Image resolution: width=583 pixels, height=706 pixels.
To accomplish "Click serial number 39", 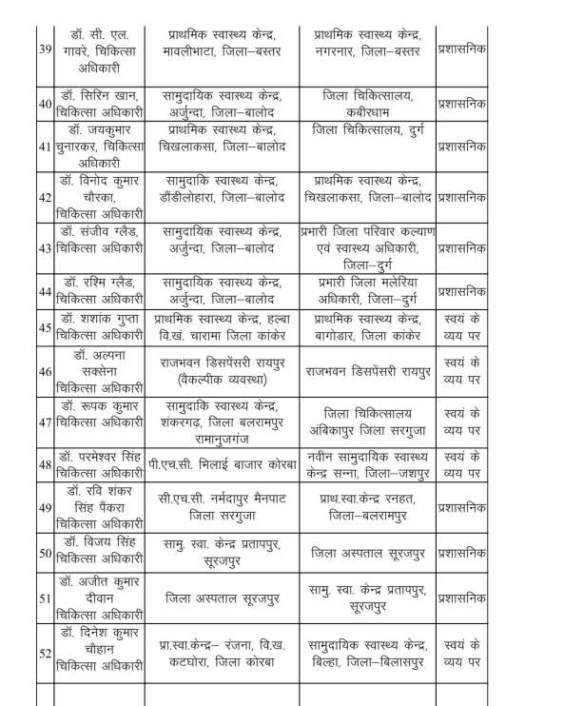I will (43, 47).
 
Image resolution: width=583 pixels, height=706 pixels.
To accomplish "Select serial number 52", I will (43, 655).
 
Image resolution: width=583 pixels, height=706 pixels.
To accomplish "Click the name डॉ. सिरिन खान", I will (100, 103).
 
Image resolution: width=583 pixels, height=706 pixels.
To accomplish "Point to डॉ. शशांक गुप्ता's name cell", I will (100, 324).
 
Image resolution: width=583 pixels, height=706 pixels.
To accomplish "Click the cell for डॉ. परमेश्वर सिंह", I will (100, 462).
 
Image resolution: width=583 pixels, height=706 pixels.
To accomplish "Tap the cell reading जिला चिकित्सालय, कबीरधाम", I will (365, 103).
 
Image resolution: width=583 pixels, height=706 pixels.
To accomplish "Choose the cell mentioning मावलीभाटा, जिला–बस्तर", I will (220, 47).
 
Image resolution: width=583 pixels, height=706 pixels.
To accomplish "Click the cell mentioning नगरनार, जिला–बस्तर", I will (365, 47).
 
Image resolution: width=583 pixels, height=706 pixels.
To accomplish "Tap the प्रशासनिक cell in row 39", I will (461, 47).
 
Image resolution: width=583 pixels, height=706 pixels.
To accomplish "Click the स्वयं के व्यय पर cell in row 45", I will (461, 324).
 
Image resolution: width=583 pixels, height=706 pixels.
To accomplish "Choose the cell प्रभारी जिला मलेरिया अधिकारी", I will (365, 288).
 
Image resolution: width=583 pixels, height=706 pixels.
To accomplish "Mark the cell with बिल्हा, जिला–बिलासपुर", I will (365, 655).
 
